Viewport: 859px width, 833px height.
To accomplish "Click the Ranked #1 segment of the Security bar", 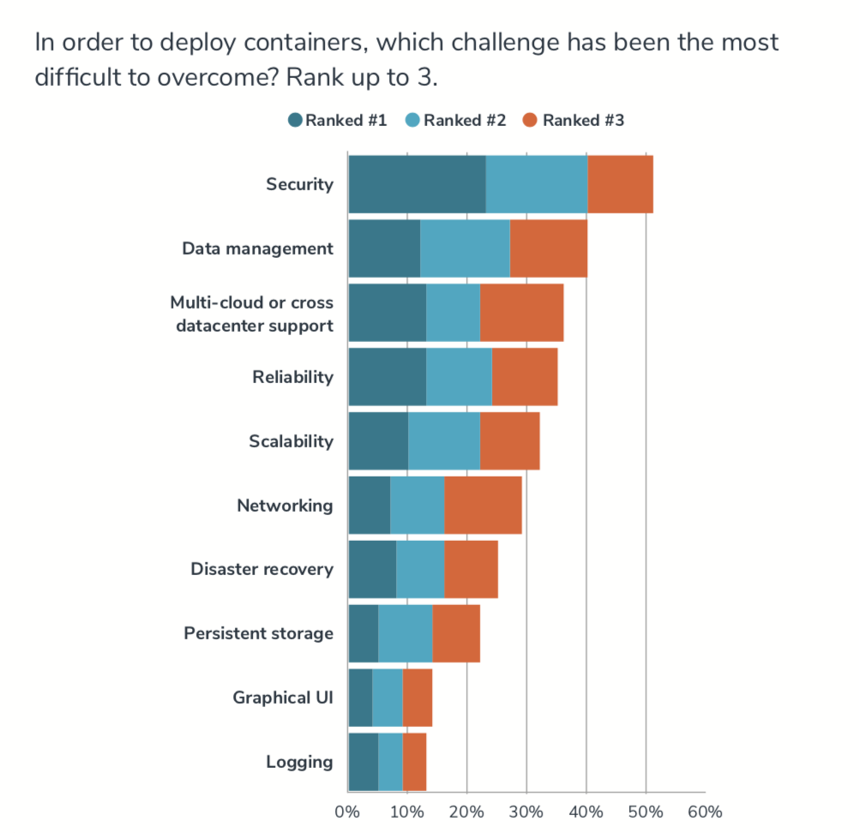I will pos(417,184).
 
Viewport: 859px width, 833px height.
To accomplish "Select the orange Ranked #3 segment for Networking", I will pos(483,506).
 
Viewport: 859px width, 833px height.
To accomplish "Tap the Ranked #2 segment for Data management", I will pos(465,249).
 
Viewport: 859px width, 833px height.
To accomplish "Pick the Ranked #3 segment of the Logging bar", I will pos(414,762).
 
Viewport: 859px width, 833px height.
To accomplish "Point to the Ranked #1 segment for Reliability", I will pos(387,377).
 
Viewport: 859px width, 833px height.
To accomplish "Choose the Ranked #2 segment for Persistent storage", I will pos(405,633).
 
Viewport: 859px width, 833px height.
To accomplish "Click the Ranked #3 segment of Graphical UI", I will pos(417,698).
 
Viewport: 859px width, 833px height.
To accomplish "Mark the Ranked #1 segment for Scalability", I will pos(378,441).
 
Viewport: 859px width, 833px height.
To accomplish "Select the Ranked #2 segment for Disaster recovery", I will pos(420,570).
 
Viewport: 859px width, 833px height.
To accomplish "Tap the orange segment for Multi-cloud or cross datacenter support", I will pos(521,313).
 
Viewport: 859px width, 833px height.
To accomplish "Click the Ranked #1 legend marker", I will pos(296,121).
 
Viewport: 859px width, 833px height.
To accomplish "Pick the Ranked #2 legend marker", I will pos(412,121).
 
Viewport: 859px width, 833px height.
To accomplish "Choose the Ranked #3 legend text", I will pos(583,121).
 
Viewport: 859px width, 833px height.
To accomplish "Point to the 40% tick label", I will pos(586,812).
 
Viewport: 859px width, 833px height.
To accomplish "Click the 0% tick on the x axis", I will pos(347,812).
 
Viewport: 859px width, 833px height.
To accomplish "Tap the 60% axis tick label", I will pos(705,812).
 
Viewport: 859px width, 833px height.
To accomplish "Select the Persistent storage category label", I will pos(258,633).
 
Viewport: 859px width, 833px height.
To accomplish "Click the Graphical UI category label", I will pos(282,698).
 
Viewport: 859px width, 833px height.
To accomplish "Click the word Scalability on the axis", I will pos(291,441).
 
